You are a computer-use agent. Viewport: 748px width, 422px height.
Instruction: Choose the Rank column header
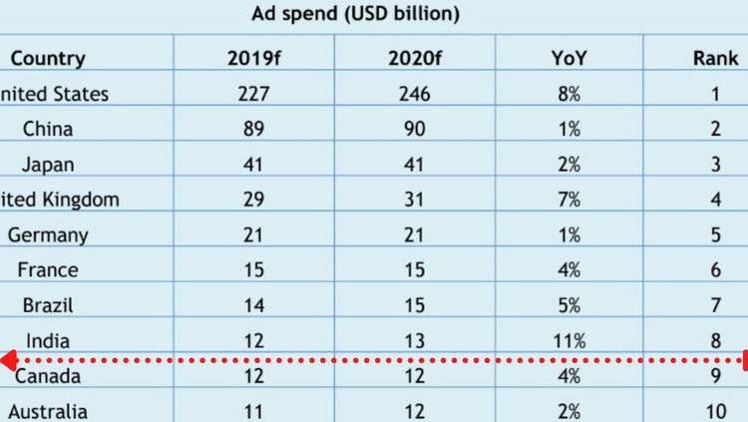715,59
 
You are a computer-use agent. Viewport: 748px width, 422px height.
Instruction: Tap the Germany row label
48,235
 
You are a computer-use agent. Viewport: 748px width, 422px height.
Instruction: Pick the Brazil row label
48,305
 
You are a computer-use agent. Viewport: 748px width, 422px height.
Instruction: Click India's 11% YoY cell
570,341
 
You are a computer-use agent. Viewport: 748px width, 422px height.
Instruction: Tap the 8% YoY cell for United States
570,95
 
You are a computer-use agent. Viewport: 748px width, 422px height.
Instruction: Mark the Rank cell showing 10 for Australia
715,411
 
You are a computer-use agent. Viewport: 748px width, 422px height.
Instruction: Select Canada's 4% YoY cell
570,377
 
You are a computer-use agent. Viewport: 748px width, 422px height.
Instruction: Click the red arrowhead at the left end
6,359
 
